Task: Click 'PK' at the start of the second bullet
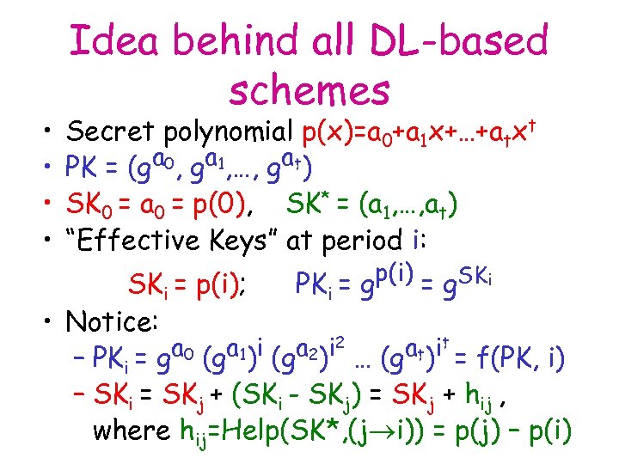coord(85,168)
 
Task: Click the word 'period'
coord(387,242)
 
